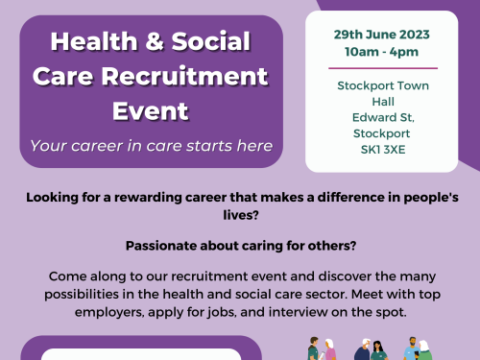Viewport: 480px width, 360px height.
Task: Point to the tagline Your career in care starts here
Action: tap(151, 146)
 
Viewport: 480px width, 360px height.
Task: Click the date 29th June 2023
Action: tap(382, 33)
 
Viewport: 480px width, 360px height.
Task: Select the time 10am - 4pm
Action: tap(382, 50)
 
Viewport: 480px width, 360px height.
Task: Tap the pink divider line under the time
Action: tap(382, 68)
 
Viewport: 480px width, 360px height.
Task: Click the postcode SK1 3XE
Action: tap(382, 151)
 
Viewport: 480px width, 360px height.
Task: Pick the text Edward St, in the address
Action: tap(382, 118)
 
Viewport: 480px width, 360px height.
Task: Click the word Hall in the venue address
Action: tap(382, 102)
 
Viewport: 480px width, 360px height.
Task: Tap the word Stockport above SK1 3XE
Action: tap(382, 134)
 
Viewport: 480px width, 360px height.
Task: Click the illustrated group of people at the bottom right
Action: tap(371, 348)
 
